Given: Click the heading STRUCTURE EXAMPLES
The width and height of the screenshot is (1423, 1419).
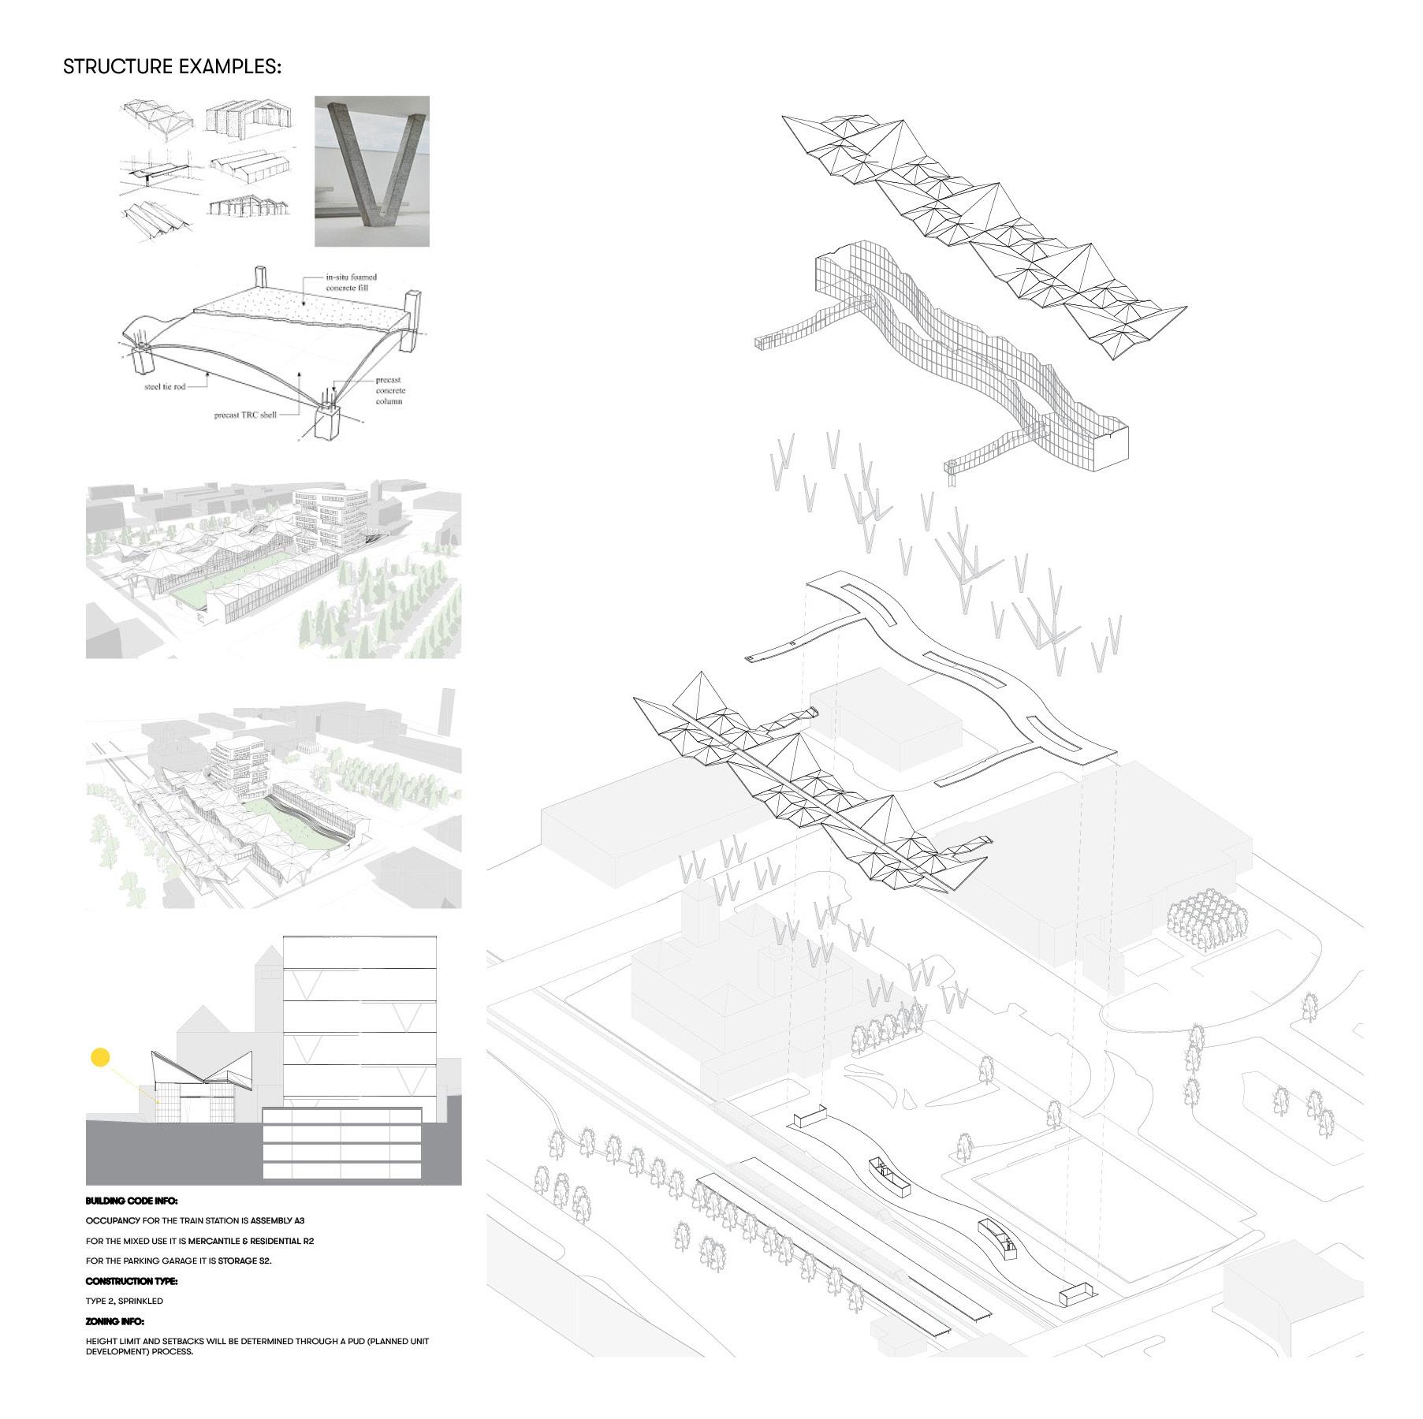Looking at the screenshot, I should point(172,67).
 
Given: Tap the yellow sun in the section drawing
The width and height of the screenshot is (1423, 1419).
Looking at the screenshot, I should point(100,1057).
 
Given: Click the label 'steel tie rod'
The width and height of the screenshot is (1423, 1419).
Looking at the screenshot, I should point(164,387).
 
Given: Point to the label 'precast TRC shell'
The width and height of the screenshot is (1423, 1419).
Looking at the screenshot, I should point(245,415).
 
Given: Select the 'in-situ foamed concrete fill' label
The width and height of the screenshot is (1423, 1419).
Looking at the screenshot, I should point(352,282).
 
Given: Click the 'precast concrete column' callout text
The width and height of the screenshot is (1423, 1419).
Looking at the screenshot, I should point(389,390).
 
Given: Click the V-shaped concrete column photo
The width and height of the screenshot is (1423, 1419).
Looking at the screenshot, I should point(372,170).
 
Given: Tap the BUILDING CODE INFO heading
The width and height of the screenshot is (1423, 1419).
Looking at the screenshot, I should point(132,1201).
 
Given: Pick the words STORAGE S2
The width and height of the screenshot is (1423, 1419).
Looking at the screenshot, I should point(244,1261).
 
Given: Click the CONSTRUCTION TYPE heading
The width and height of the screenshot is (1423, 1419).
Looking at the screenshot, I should point(132,1281).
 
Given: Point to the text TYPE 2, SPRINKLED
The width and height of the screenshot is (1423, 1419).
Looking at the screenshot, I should point(125,1301).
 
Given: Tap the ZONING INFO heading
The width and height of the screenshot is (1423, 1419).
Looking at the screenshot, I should point(115,1321).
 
